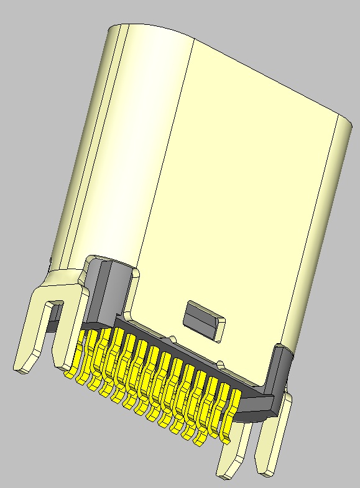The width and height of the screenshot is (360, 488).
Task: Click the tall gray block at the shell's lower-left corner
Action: (x=103, y=292)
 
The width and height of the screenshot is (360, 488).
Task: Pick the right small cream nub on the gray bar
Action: (x=221, y=362)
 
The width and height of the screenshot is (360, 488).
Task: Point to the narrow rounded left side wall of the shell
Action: (x=84, y=155)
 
